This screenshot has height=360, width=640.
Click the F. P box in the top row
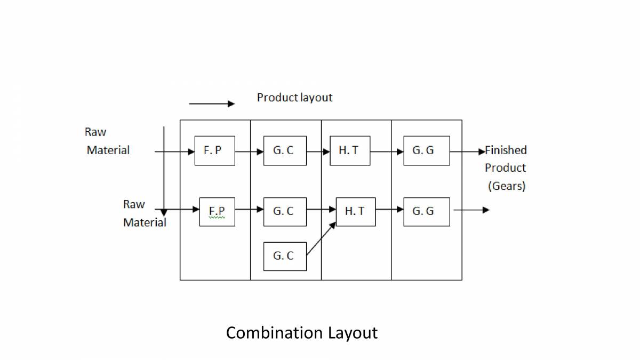pyautogui.click(x=214, y=150)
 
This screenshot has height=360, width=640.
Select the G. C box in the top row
pyautogui.click(x=285, y=150)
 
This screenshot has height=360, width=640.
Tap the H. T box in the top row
pyautogui.click(x=349, y=150)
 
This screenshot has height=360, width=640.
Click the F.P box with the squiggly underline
pyautogui.click(x=217, y=212)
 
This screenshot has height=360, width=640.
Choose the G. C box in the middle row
pyautogui.click(x=285, y=212)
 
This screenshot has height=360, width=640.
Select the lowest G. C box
pyautogui.click(x=285, y=256)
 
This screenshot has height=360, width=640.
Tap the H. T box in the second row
pyautogui.click(x=355, y=212)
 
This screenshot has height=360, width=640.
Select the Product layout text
pyautogui.click(x=294, y=98)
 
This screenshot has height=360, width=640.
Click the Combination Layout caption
pyautogui.click(x=301, y=333)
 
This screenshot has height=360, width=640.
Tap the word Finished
pyautogui.click(x=506, y=150)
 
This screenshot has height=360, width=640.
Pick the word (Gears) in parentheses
pyautogui.click(x=506, y=186)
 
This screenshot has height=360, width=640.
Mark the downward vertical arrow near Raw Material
pyautogui.click(x=164, y=171)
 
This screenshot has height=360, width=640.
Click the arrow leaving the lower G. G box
pyautogui.click(x=471, y=210)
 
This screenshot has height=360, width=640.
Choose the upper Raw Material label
pyautogui.click(x=107, y=141)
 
